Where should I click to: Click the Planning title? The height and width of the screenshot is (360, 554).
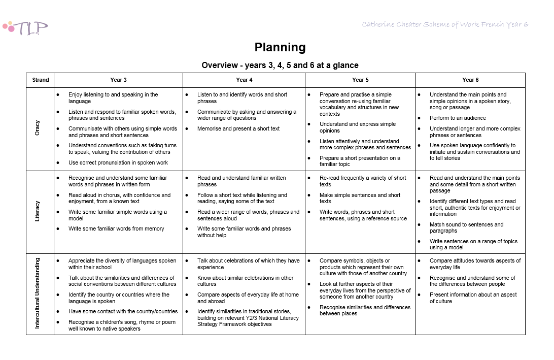tap(280, 48)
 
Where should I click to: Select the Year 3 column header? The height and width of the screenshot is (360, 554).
tap(118, 80)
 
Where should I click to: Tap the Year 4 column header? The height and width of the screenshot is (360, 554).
tap(244, 80)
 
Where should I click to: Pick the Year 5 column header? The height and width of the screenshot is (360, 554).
tap(360, 80)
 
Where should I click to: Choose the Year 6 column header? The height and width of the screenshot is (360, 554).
tap(470, 80)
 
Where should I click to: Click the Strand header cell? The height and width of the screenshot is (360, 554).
tap(41, 80)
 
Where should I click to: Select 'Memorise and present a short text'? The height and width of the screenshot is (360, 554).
tap(238, 128)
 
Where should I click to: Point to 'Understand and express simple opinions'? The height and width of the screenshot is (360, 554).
tap(357, 127)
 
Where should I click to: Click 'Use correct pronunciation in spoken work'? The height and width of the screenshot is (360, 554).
tap(118, 162)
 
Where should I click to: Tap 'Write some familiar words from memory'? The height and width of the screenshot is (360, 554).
tap(116, 228)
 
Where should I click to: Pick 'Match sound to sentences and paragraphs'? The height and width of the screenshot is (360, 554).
tap(466, 227)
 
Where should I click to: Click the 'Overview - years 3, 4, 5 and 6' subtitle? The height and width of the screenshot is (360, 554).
tap(280, 65)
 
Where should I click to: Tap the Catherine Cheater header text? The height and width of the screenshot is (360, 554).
tap(445, 24)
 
